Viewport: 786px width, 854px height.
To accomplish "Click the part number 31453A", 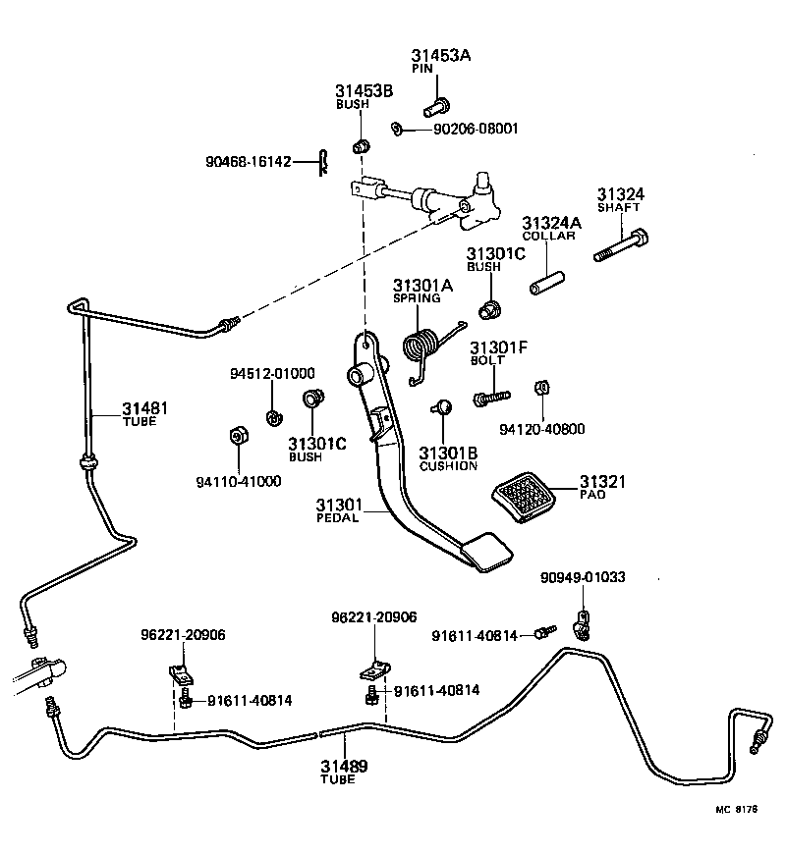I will (440, 57).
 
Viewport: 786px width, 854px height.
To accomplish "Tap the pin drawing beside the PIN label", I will (437, 101).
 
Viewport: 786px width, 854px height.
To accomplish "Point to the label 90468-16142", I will (248, 161).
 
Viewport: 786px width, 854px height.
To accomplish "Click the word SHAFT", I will (619, 208).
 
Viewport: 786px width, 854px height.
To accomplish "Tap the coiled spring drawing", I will (423, 347).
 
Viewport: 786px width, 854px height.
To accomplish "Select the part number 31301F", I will (498, 347).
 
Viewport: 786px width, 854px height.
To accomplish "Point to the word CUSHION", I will (448, 465).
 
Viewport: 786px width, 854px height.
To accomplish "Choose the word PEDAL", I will (339, 518).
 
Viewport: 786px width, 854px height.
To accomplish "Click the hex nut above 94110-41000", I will (237, 436).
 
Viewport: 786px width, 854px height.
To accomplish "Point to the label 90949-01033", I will (583, 577).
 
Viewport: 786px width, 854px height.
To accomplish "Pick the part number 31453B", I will (364, 91).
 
